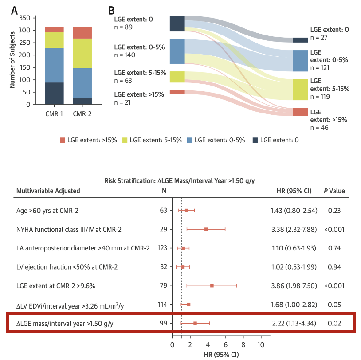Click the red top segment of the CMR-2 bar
[82, 33]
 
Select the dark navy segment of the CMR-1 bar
[54, 93]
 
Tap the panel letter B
[112, 10]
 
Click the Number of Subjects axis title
[14, 61]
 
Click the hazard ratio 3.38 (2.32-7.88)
[294, 229]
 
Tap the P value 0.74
[334, 248]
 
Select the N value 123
[162, 248]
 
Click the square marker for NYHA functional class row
[206, 229]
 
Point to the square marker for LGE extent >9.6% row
[212, 286]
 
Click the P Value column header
[334, 191]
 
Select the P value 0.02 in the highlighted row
[334, 323]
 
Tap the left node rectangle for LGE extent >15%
[177, 92]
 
